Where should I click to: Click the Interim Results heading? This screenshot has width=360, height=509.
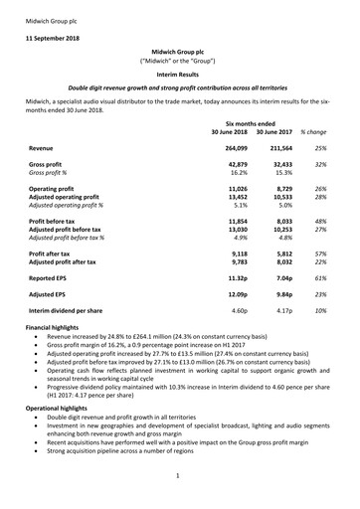click(x=180, y=74)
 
